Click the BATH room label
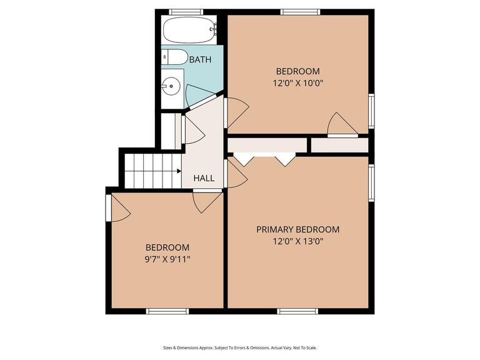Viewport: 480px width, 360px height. (x=200, y=60)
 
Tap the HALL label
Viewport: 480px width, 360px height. (x=204, y=178)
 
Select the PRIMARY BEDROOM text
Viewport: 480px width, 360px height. (x=297, y=229)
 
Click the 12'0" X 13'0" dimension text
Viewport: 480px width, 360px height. (x=297, y=241)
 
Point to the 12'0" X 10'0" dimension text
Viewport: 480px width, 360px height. (x=297, y=82)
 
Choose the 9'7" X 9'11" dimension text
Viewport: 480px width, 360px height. (x=167, y=259)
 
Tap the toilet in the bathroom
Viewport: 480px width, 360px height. (x=173, y=57)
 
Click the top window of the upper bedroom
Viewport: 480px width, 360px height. (x=300, y=12)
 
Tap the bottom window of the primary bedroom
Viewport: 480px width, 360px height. (x=297, y=311)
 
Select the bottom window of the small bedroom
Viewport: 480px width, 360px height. (x=167, y=311)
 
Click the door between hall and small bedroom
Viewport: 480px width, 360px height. (x=207, y=200)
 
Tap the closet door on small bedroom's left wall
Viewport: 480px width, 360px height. (x=117, y=208)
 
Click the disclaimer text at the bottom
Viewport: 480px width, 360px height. (x=239, y=347)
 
